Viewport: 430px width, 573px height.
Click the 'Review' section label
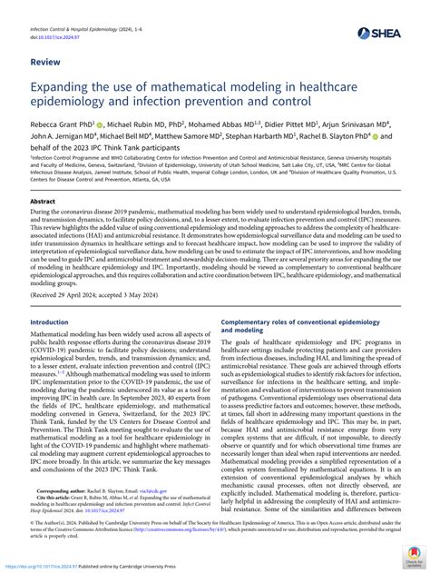click(x=46, y=63)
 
